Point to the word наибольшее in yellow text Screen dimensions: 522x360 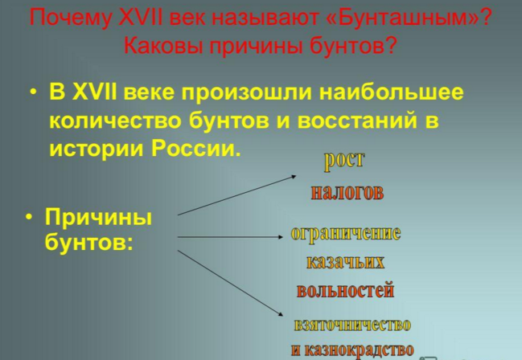[x=391, y=92]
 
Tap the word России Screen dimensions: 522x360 [x=195, y=148]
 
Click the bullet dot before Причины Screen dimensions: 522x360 [x=30, y=217]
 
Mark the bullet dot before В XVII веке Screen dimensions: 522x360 [x=33, y=92]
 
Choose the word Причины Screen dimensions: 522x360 [x=99, y=218]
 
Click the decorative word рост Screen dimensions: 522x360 [x=344, y=161]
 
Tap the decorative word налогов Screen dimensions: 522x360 [x=347, y=192]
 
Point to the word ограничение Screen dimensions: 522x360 [x=346, y=234]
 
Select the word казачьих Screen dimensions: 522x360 [x=345, y=262]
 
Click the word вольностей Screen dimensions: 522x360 [x=345, y=290]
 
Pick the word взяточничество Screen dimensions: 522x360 [x=352, y=325]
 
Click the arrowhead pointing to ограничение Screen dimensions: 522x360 [x=280, y=237]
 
